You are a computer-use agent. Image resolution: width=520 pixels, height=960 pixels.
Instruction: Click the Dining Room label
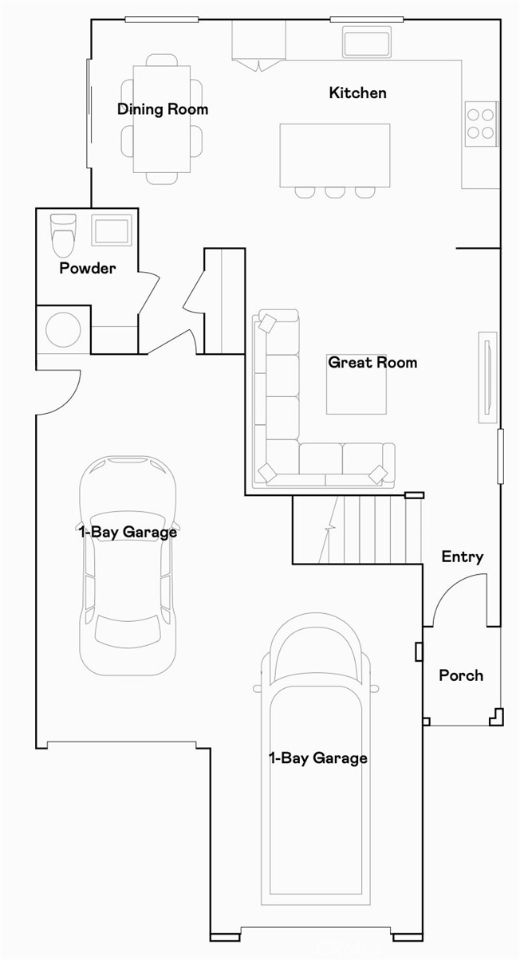tap(163, 109)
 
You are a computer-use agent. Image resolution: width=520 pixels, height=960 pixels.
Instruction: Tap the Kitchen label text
tap(357, 93)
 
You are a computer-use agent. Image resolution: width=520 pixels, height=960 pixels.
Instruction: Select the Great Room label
tap(372, 363)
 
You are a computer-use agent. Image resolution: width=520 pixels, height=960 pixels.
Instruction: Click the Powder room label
tap(87, 269)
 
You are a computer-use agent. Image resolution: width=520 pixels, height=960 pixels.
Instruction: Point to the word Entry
tap(463, 557)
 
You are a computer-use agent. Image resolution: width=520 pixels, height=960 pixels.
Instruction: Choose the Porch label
tap(461, 675)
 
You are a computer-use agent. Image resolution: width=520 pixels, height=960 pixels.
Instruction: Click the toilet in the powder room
tap(62, 234)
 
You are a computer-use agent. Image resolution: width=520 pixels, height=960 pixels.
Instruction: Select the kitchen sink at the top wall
tap(367, 42)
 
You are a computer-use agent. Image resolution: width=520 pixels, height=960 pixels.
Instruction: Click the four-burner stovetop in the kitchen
tap(481, 124)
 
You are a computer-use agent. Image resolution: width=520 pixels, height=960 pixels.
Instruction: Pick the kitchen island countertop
tap(335, 155)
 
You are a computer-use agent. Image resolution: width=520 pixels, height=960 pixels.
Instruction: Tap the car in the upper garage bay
tap(128, 566)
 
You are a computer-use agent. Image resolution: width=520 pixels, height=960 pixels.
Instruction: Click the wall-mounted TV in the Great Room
tap(487, 377)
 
